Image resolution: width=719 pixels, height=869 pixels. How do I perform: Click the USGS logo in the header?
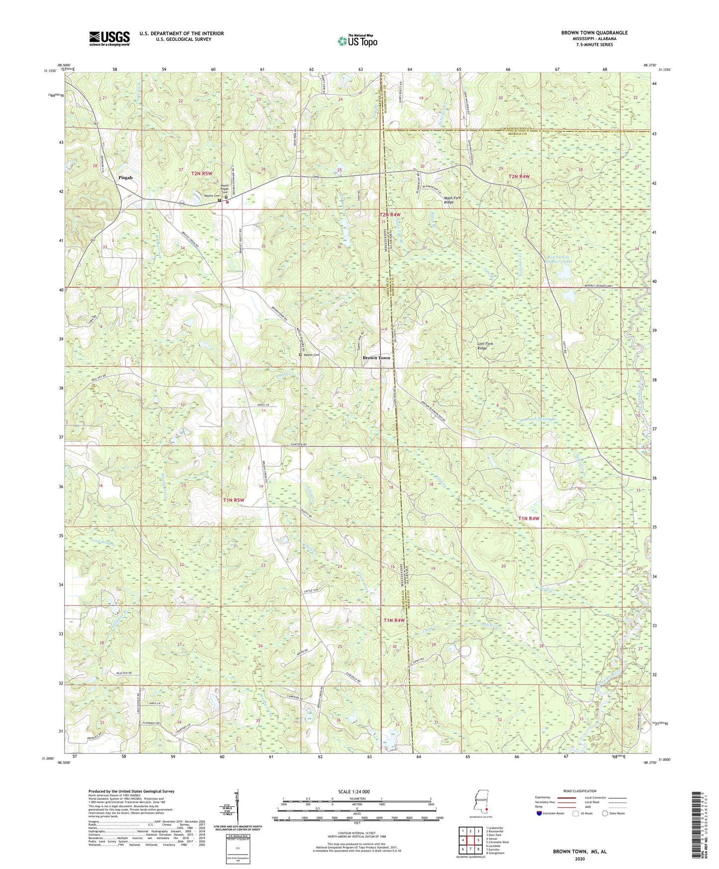click(109, 38)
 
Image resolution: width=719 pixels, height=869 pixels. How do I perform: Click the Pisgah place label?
click(126, 178)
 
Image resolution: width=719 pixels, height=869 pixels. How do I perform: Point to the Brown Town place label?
click(376, 358)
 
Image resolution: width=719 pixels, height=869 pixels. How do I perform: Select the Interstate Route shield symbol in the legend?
click(540, 813)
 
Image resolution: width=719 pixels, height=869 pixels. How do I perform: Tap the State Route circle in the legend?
click(605, 813)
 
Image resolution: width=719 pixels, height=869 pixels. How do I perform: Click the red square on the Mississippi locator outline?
click(487, 809)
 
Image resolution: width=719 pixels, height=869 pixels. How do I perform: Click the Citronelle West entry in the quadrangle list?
click(498, 842)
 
